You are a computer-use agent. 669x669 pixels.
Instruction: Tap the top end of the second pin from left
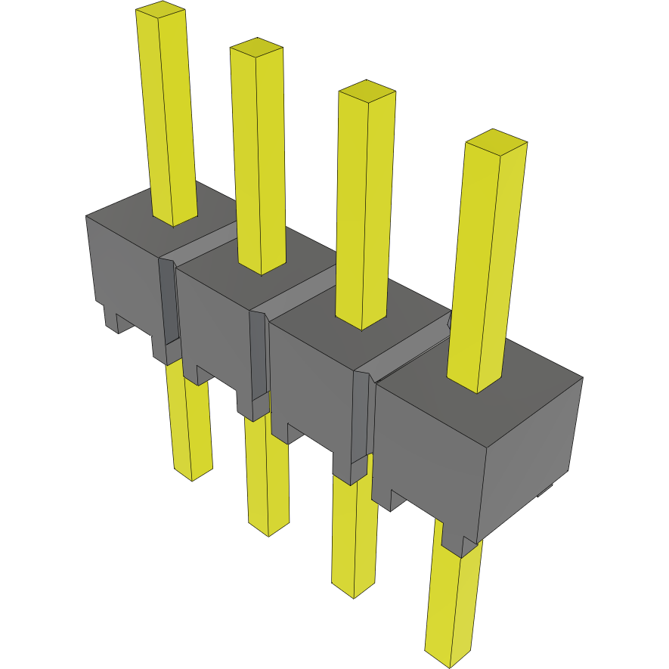[256, 48]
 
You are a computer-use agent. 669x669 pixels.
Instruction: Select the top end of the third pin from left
[367, 91]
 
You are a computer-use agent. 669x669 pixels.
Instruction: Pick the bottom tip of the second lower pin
[269, 528]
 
